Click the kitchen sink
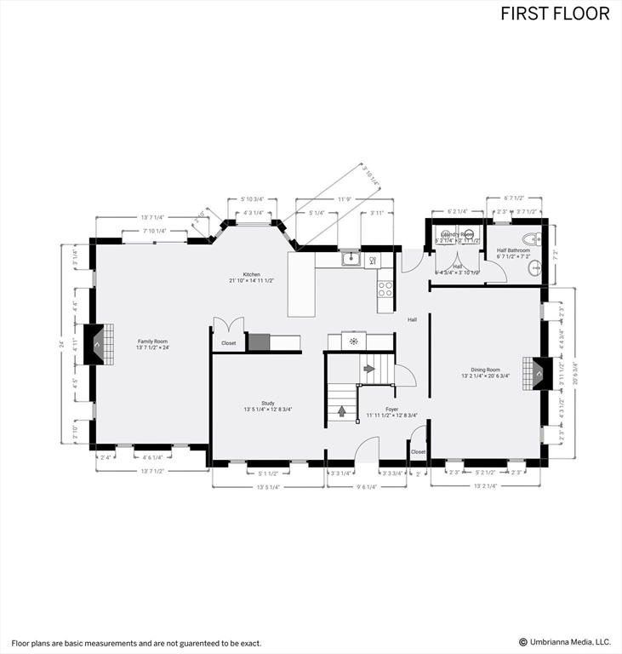click(x=350, y=257)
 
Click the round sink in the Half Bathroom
click(x=534, y=269)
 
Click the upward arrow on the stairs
click(x=342, y=410)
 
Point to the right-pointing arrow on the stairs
click(x=368, y=369)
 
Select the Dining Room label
click(x=485, y=371)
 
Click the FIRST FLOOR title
click(x=555, y=14)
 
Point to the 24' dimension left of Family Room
click(x=61, y=344)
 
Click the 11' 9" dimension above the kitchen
click(x=345, y=199)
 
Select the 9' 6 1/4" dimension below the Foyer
click(x=366, y=487)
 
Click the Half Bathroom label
click(x=513, y=253)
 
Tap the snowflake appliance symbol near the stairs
click(x=353, y=341)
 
